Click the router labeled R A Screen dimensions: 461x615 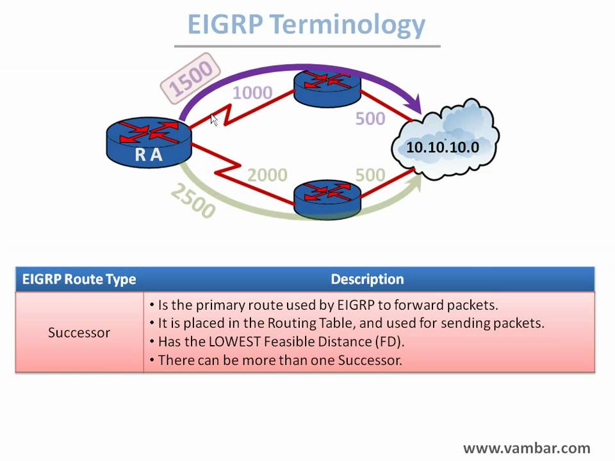pyautogui.click(x=149, y=142)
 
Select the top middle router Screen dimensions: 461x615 pyautogui.click(x=327, y=87)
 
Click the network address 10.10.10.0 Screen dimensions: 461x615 pyautogui.click(x=443, y=147)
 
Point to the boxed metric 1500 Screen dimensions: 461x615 pyautogui.click(x=190, y=77)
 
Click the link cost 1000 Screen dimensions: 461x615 pyautogui.click(x=252, y=93)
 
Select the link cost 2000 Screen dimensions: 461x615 pyautogui.click(x=267, y=174)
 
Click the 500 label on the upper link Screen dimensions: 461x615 pyautogui.click(x=370, y=118)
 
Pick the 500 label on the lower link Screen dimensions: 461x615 pyautogui.click(x=370, y=174)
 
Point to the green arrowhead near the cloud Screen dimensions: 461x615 pyautogui.click(x=415, y=182)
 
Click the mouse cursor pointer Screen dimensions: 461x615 pyautogui.click(x=214, y=119)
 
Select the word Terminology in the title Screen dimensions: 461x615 pyautogui.click(x=347, y=24)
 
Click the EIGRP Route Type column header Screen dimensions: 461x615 pyautogui.click(x=79, y=279)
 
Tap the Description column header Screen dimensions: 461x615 pyautogui.click(x=367, y=279)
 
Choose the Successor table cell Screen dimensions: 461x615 pyautogui.click(x=79, y=333)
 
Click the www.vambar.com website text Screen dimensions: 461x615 pyautogui.click(x=527, y=448)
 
